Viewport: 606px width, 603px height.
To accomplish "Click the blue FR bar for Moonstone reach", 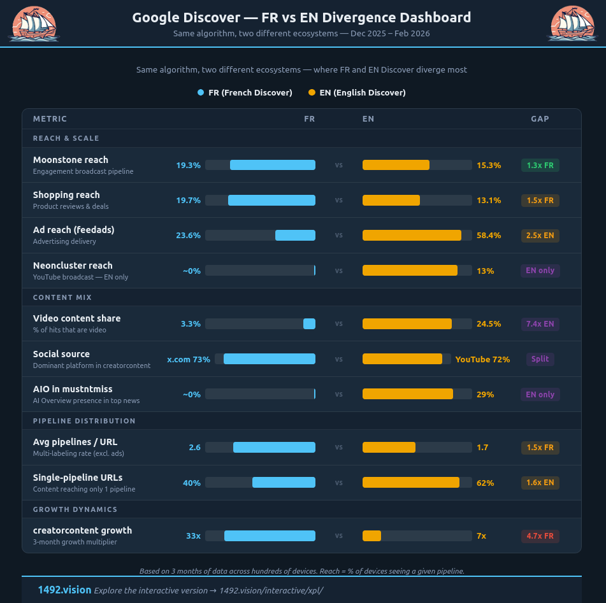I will (273, 165).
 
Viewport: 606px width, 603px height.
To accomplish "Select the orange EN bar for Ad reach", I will (412, 236).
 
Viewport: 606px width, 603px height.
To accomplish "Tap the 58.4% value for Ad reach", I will (489, 236).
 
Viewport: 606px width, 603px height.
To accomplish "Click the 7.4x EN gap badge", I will (540, 324).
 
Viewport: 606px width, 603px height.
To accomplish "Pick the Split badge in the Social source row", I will (540, 359).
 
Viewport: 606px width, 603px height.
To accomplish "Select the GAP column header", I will (540, 119).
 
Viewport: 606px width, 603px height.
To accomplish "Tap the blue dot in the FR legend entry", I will (201, 93).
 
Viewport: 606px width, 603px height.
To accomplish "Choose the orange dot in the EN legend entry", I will (312, 93).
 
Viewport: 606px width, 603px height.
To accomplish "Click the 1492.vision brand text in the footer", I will (64, 590).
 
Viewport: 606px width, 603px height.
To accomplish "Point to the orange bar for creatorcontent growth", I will (372, 536).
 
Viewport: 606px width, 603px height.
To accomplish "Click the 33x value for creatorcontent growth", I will (193, 536).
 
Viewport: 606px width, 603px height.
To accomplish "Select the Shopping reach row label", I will (66, 195).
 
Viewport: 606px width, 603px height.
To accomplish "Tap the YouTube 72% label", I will (482, 359).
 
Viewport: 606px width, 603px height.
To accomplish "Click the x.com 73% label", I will (189, 359).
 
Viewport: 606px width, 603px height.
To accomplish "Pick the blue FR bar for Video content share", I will (309, 324).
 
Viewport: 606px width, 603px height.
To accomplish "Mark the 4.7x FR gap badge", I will (540, 536).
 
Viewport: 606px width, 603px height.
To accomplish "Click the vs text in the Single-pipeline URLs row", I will (339, 483).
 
